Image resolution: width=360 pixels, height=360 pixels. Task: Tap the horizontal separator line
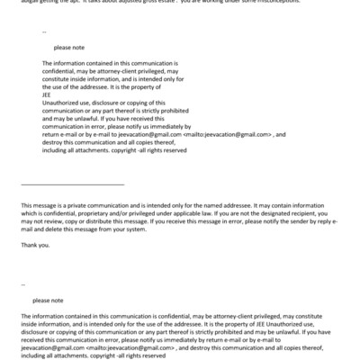[71, 184]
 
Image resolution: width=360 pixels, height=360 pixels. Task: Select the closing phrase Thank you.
[35, 246]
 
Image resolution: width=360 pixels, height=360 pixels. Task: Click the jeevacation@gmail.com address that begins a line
[47, 348]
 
